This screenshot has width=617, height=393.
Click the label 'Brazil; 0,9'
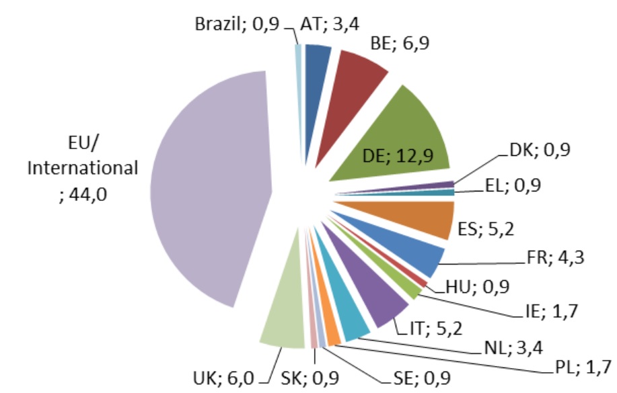(x=235, y=25)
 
